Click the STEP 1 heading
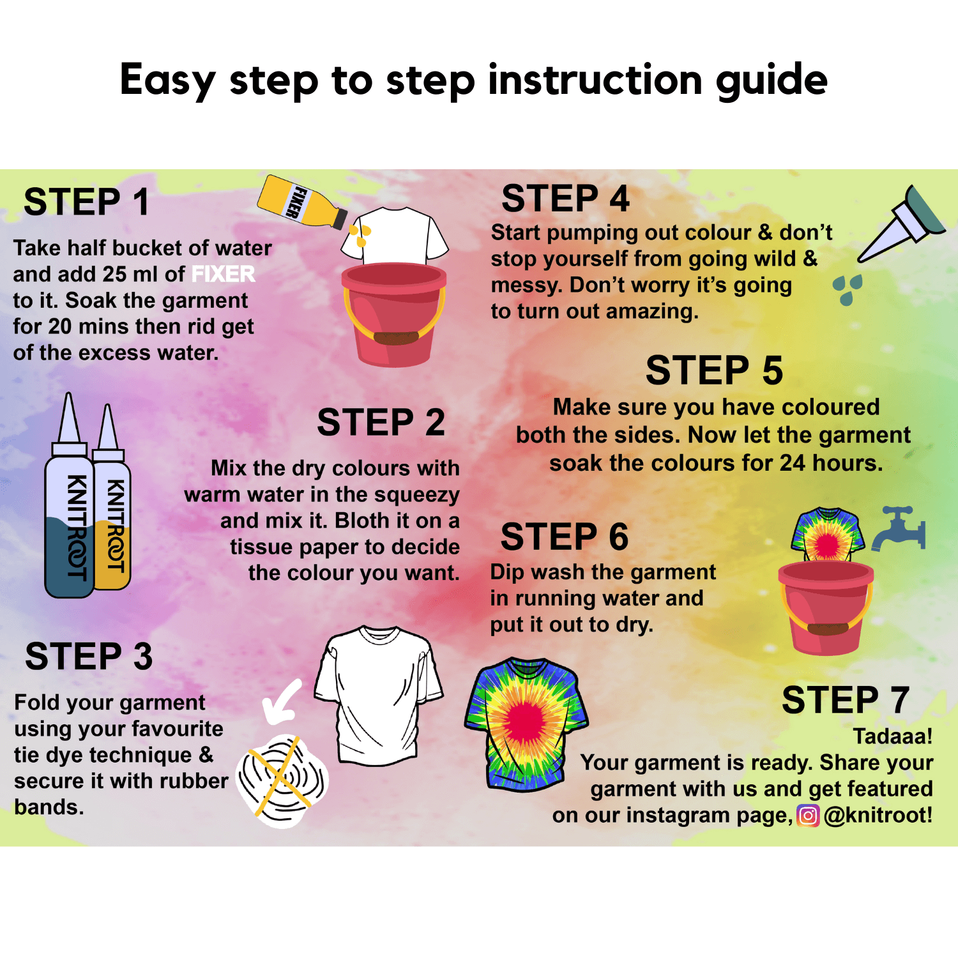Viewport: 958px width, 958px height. pyautogui.click(x=86, y=202)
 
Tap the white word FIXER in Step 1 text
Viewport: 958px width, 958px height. pyautogui.click(x=223, y=274)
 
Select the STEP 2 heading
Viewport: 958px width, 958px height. pyautogui.click(x=381, y=422)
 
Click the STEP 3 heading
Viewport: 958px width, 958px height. pyautogui.click(x=89, y=656)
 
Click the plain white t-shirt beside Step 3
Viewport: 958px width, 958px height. pyautogui.click(x=379, y=696)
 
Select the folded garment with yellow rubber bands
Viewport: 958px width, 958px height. pyautogui.click(x=282, y=781)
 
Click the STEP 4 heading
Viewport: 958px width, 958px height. pyautogui.click(x=565, y=198)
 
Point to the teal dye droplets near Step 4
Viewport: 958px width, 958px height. pyautogui.click(x=848, y=289)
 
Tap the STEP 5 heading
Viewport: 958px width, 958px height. pyautogui.click(x=714, y=370)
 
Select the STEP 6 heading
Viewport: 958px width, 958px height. pyautogui.click(x=565, y=536)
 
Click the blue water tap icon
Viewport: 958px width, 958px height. pyautogui.click(x=899, y=528)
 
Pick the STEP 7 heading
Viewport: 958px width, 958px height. pyautogui.click(x=845, y=700)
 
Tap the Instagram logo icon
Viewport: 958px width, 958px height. pyautogui.click(x=808, y=816)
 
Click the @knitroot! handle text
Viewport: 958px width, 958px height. pyautogui.click(x=878, y=816)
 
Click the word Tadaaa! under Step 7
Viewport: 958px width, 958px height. pyautogui.click(x=893, y=736)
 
